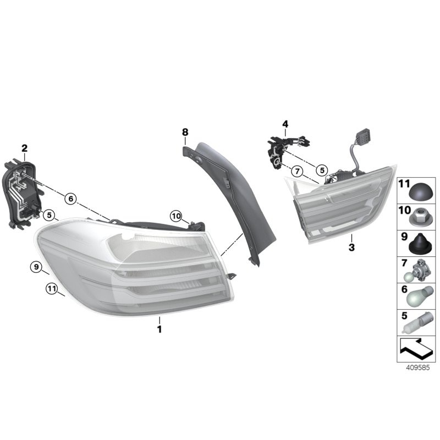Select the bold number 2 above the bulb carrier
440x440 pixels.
click(x=24, y=148)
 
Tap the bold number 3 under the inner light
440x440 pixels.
click(x=351, y=248)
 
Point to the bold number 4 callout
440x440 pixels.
click(x=285, y=124)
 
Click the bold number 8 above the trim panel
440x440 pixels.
click(x=185, y=132)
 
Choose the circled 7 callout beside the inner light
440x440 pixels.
click(x=296, y=171)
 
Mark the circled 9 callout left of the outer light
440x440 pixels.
click(x=36, y=267)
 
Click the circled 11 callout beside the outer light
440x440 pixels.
click(x=52, y=288)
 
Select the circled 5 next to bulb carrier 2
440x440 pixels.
click(x=49, y=215)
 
